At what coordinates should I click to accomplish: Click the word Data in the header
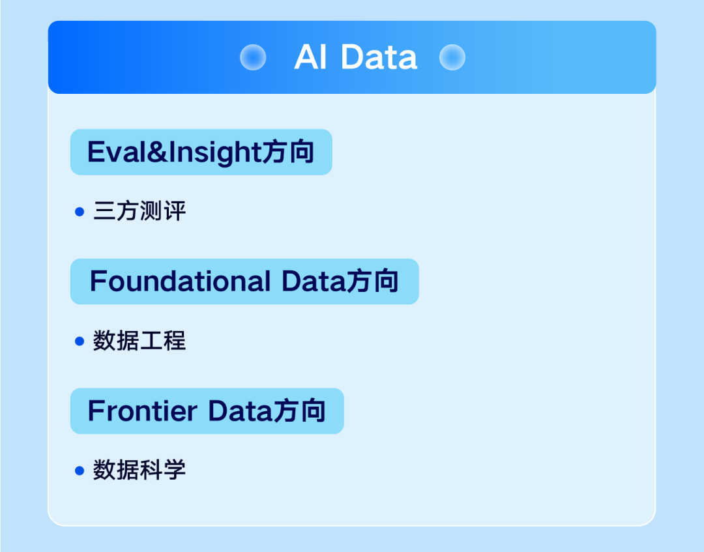pos(379,57)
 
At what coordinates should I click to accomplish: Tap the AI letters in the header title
pos(310,57)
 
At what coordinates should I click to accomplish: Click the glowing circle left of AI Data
pos(253,57)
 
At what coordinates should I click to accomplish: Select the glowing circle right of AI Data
pos(452,57)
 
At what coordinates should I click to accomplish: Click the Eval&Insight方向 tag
pos(201,152)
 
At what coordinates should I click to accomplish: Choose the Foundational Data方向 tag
pos(244,282)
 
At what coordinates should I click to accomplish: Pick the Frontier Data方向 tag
pos(207,411)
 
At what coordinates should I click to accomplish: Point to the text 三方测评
pos(139,211)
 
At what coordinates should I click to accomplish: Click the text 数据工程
pos(139,341)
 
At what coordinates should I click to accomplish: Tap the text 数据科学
pos(139,470)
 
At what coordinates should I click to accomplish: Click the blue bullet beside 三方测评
pos(80,212)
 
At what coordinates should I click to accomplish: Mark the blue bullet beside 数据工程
pos(80,341)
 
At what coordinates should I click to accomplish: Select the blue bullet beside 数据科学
pos(80,471)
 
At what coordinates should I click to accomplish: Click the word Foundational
pos(180,282)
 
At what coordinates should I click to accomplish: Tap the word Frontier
pos(142,411)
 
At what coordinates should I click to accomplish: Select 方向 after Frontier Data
pos(299,411)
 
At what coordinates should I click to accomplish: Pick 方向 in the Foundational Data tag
pos(373,282)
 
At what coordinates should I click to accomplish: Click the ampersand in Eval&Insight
pos(156,152)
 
